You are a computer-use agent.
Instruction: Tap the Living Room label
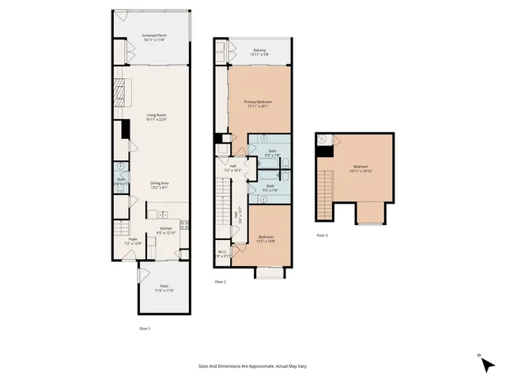coord(156,118)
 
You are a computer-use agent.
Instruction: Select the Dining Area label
coord(160,186)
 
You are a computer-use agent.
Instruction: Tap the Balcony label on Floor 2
coord(260,51)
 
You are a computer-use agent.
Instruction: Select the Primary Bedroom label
coord(260,104)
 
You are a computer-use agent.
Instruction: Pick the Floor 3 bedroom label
coord(361,168)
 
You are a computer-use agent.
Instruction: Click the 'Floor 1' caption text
coord(144,327)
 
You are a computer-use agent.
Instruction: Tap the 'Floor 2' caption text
coord(221,281)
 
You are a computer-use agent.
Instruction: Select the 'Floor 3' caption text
coord(322,235)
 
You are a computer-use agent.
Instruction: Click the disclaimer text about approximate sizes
coord(252,366)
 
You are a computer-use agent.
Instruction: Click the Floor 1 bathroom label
coord(122,181)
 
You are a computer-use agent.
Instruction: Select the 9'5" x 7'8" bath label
coord(273,152)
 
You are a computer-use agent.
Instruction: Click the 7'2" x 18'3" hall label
coord(232,167)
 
